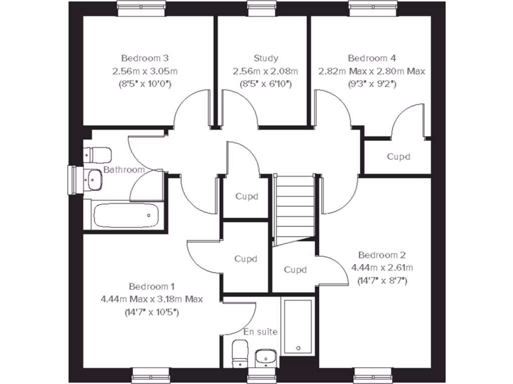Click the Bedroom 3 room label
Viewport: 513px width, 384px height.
tap(142, 58)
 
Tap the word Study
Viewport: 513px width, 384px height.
tap(266, 58)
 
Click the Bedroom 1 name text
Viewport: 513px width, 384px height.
tap(152, 286)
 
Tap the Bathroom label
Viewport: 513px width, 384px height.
tap(124, 170)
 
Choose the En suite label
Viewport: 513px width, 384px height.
tap(261, 331)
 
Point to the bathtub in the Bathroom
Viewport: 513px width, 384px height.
tap(126, 215)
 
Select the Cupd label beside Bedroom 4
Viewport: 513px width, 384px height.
tap(398, 156)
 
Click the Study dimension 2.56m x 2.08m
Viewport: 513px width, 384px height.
tap(266, 71)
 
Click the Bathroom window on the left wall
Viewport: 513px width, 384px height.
tap(73, 179)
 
